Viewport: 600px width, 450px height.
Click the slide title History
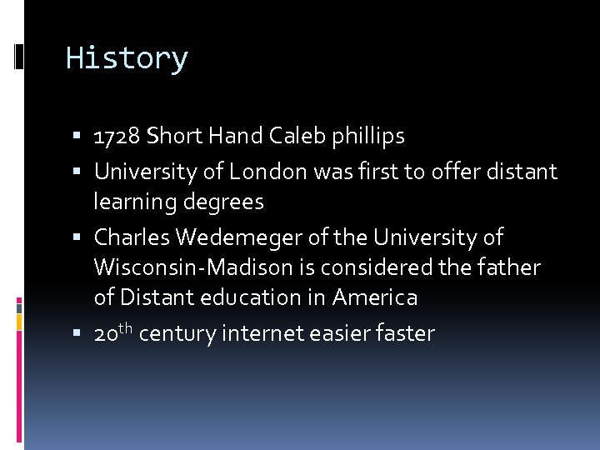point(127,58)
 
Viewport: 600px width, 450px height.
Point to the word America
point(375,297)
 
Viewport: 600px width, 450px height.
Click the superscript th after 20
point(125,328)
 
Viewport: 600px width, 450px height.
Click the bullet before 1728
point(77,137)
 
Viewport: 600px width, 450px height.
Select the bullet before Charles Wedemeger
point(77,238)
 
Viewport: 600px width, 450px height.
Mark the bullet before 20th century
point(77,334)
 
